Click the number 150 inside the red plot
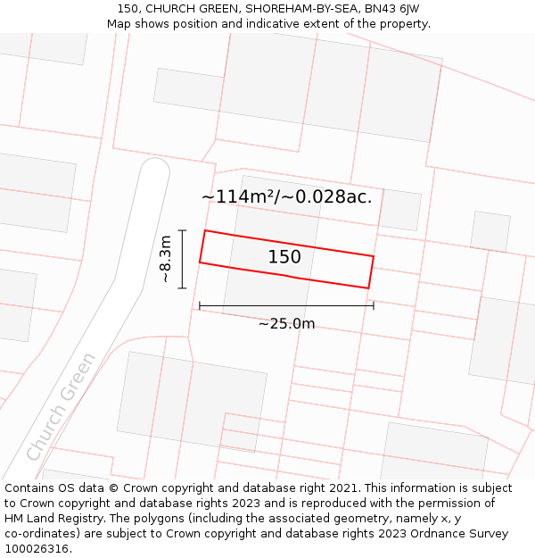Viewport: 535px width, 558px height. [284, 257]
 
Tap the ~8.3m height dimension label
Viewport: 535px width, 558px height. [165, 259]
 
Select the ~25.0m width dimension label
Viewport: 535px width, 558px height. [286, 324]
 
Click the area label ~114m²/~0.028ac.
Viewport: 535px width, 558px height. [286, 196]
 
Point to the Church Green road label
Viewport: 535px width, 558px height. [62, 406]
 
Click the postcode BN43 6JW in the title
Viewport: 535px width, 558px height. [391, 9]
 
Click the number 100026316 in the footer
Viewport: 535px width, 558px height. [37, 549]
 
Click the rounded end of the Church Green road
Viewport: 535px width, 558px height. [155, 169]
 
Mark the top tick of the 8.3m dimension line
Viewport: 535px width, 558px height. [182, 230]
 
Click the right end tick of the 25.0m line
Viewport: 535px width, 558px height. [374, 306]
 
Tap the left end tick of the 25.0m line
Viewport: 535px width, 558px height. [200, 306]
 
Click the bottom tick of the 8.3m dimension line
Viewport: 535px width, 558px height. [182, 288]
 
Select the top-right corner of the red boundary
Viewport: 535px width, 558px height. [373, 256]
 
